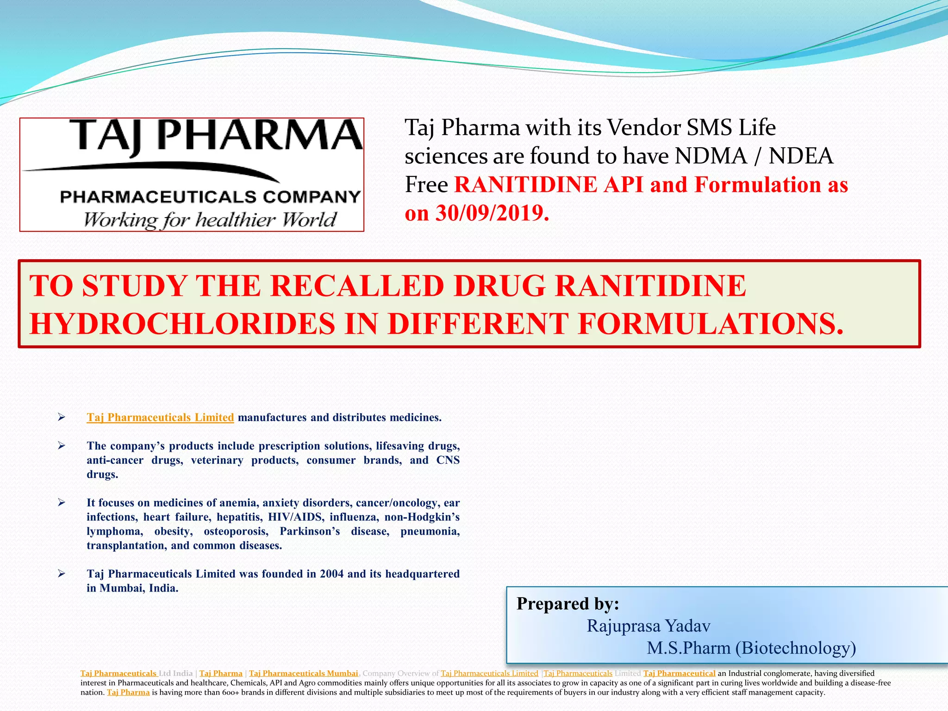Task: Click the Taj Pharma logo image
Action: (192, 174)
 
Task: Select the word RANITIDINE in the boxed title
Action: (650, 286)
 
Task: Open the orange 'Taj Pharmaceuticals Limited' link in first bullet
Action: (160, 418)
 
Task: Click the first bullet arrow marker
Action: (62, 418)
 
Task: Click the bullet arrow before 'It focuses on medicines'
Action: (62, 503)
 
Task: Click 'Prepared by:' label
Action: (568, 604)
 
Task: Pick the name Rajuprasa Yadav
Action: (648, 626)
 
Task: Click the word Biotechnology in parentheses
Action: (795, 648)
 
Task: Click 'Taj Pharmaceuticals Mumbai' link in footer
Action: (303, 674)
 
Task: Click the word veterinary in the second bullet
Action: (217, 460)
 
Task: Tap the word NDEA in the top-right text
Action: (801, 156)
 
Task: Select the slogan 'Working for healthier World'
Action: (210, 220)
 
